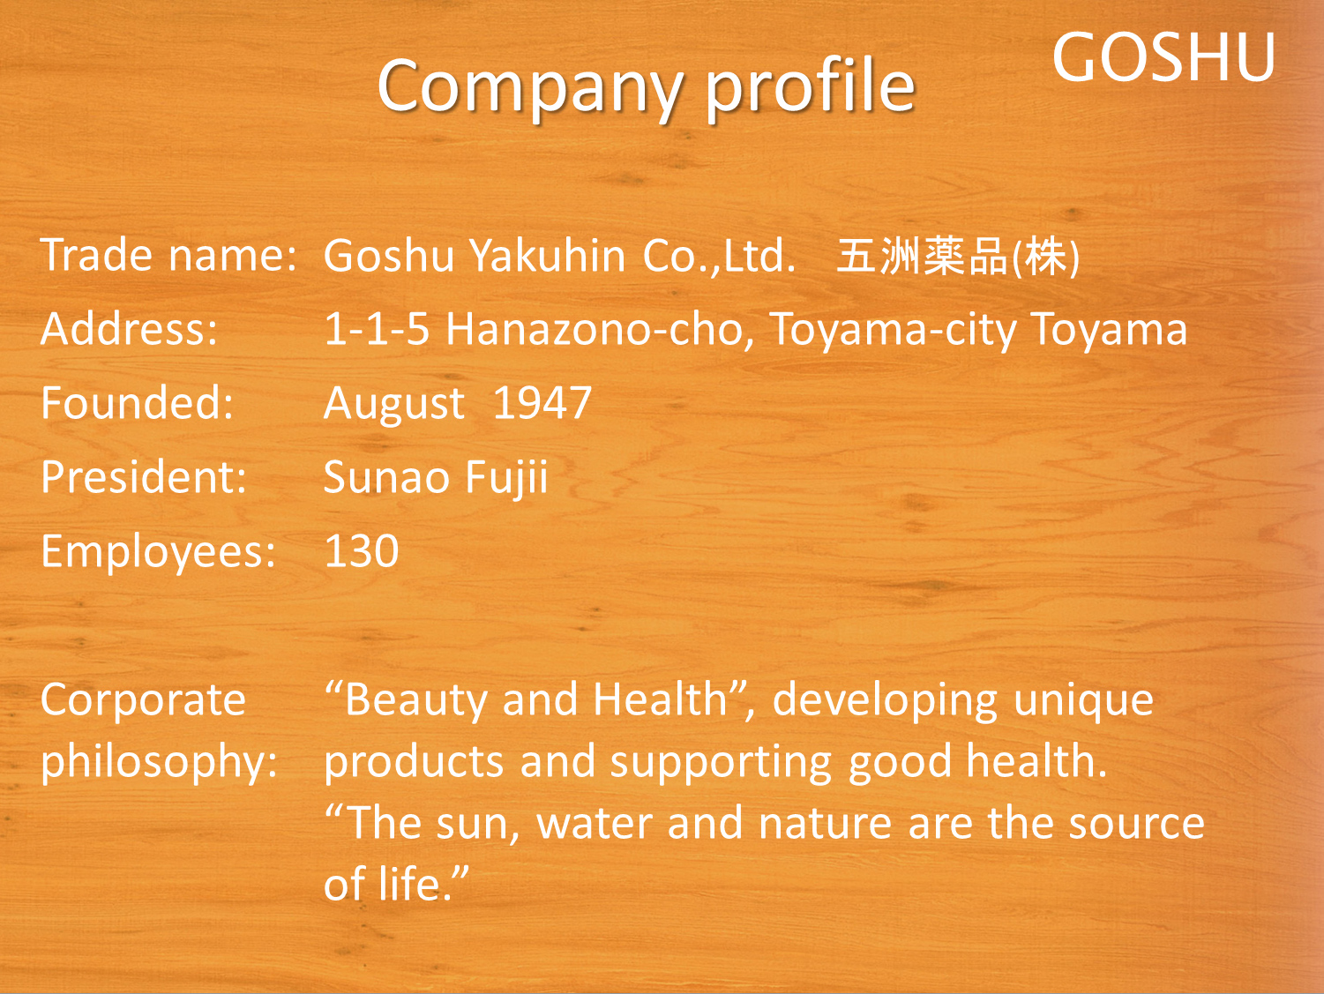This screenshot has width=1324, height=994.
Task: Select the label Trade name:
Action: (x=168, y=255)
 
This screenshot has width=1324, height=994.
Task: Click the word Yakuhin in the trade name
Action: (x=548, y=255)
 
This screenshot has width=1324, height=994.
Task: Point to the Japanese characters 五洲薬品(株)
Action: (x=958, y=257)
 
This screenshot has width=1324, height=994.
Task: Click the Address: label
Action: (x=129, y=329)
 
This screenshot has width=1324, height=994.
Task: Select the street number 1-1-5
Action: (x=377, y=329)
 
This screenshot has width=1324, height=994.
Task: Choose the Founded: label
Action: (x=137, y=403)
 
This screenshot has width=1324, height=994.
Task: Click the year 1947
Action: (x=542, y=403)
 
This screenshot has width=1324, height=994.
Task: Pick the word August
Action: (x=394, y=404)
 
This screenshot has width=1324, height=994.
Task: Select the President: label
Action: (x=144, y=477)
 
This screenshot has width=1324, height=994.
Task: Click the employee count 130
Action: (x=362, y=551)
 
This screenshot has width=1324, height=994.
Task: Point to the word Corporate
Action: (x=144, y=701)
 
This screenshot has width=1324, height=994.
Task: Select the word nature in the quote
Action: (x=825, y=824)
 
